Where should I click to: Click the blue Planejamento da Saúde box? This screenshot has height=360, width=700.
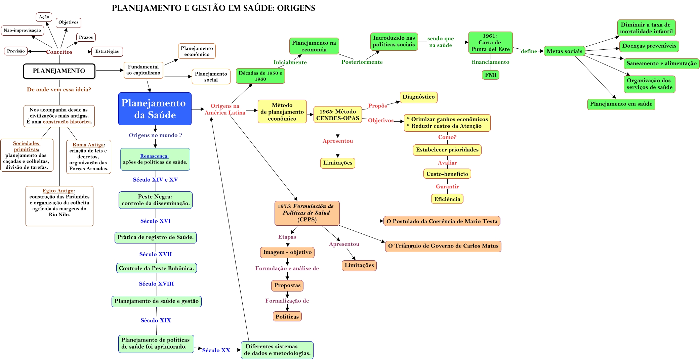[x=155, y=109]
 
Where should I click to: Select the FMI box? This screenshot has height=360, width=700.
[x=490, y=75]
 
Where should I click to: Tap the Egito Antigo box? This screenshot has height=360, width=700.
[x=59, y=206]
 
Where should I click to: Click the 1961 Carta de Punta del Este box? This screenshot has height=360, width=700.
[x=490, y=43]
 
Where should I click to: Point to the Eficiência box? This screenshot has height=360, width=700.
[x=447, y=199]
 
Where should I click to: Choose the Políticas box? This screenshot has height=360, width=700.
[x=287, y=317]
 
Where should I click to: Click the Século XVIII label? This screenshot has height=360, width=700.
[x=156, y=284]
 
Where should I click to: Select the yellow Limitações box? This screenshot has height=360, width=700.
[x=338, y=163]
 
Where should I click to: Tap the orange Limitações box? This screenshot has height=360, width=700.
[x=359, y=265]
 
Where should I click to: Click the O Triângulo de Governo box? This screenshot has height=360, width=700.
[x=443, y=246]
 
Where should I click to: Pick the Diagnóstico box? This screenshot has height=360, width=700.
[x=418, y=97]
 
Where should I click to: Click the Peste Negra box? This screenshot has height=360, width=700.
[x=156, y=200]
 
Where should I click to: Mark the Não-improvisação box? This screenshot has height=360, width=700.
[x=23, y=30]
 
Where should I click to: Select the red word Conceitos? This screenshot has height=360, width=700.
[x=59, y=52]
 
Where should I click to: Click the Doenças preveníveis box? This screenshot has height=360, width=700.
[x=649, y=46]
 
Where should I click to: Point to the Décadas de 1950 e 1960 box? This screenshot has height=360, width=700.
[x=260, y=76]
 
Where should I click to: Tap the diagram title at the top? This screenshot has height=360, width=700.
[x=213, y=8]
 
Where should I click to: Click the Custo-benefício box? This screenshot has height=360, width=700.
[x=447, y=174]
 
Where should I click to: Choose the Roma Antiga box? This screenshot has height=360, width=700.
[x=89, y=156]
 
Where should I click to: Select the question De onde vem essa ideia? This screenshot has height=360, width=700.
[x=59, y=89]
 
